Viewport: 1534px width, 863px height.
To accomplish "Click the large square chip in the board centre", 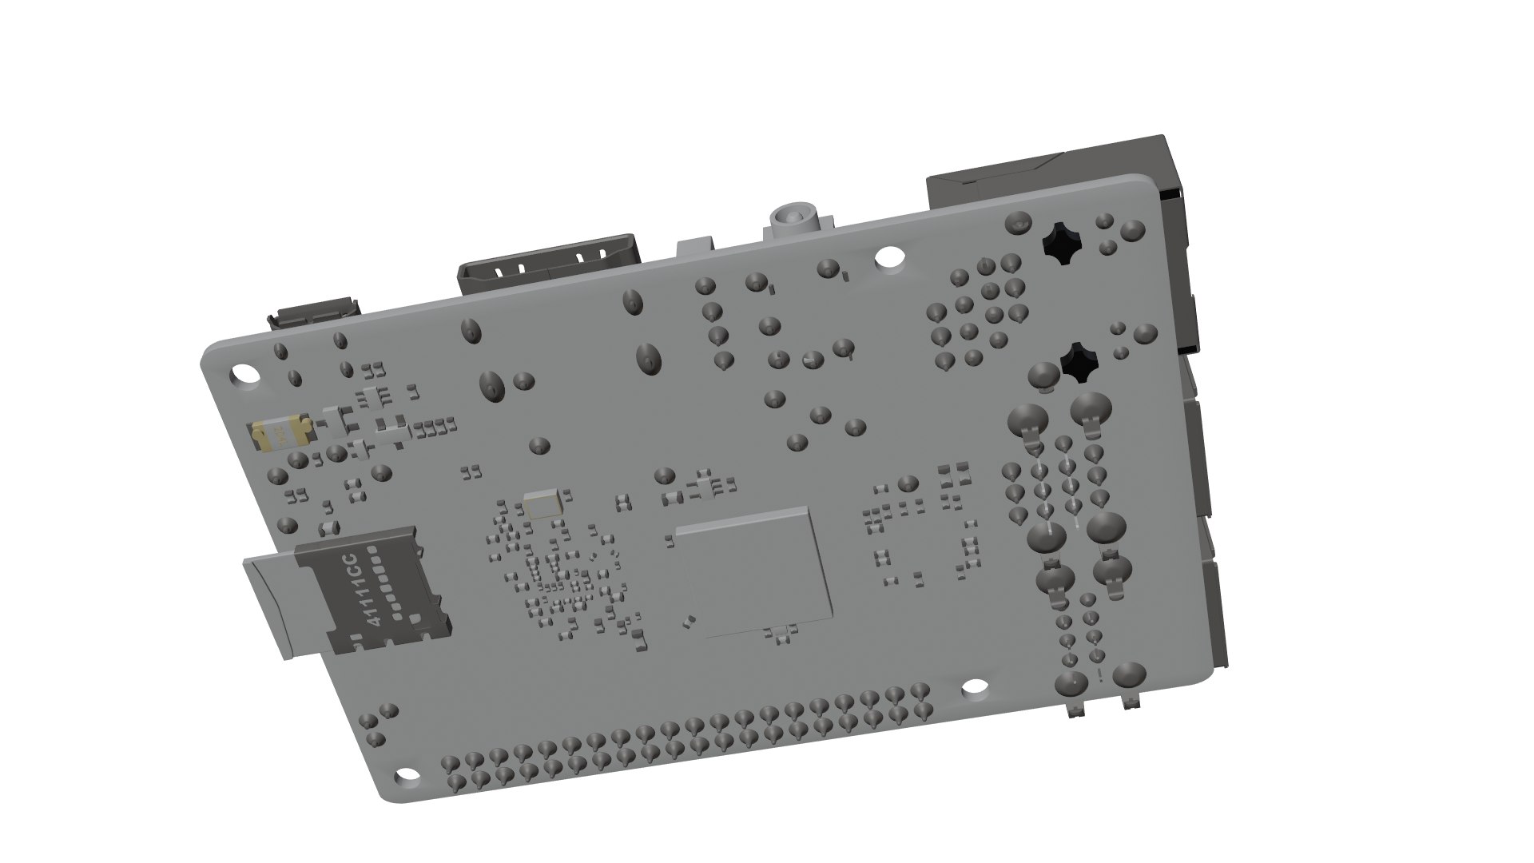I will [x=753, y=572].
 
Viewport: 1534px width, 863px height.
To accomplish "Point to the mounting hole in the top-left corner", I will [x=241, y=374].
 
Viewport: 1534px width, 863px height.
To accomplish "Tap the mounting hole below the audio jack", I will [x=886, y=257].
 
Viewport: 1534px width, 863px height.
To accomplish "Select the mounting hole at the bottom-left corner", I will [x=407, y=777].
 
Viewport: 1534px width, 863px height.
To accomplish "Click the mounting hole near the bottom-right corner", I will [x=974, y=687].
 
